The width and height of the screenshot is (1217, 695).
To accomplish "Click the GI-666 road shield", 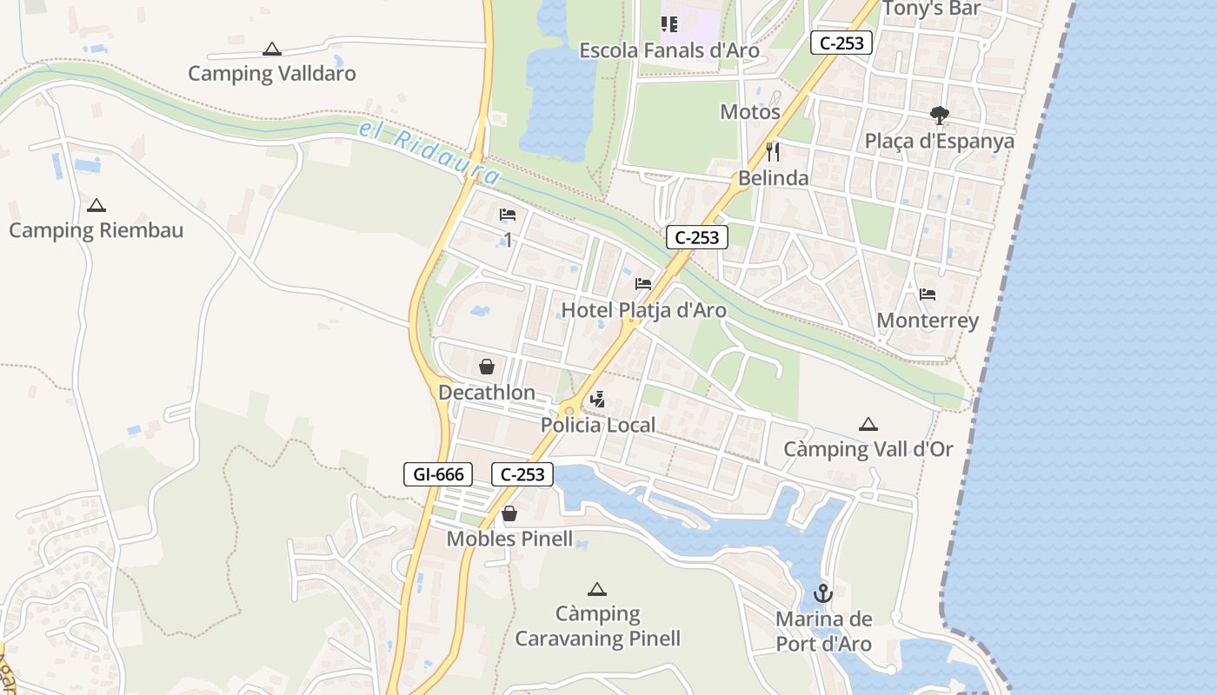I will tap(438, 474).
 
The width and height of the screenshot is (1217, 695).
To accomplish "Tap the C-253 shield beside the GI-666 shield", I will tap(522, 474).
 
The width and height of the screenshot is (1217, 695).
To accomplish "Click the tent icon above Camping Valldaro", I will tap(272, 50).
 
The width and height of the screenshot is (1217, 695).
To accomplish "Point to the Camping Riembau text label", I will tap(96, 230).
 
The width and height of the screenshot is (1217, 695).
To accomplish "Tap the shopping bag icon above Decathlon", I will tap(487, 367).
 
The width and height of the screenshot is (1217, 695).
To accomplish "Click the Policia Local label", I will tap(598, 426).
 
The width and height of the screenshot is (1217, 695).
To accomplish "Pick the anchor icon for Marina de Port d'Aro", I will tap(822, 594).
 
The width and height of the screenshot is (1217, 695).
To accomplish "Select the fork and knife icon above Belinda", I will tap(773, 152).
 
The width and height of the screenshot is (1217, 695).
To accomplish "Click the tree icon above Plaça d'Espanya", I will tap(939, 115).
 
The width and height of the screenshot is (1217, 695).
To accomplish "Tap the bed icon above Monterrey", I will tap(928, 295).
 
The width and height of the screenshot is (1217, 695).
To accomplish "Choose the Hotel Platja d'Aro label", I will tap(643, 310).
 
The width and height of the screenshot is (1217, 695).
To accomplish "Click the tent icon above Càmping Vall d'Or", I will tap(868, 425).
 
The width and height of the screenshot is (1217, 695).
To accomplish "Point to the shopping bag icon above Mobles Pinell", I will tap(509, 513).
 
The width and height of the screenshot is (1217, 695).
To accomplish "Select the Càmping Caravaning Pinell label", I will tap(597, 626).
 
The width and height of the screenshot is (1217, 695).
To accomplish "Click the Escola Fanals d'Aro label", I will tap(669, 50).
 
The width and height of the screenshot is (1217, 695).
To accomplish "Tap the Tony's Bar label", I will tap(931, 9).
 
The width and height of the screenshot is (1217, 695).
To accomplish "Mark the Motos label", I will tap(750, 112).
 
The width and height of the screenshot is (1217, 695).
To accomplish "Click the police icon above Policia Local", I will tap(597, 400).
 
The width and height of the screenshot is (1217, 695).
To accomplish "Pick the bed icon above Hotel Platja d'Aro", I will tap(643, 284).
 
